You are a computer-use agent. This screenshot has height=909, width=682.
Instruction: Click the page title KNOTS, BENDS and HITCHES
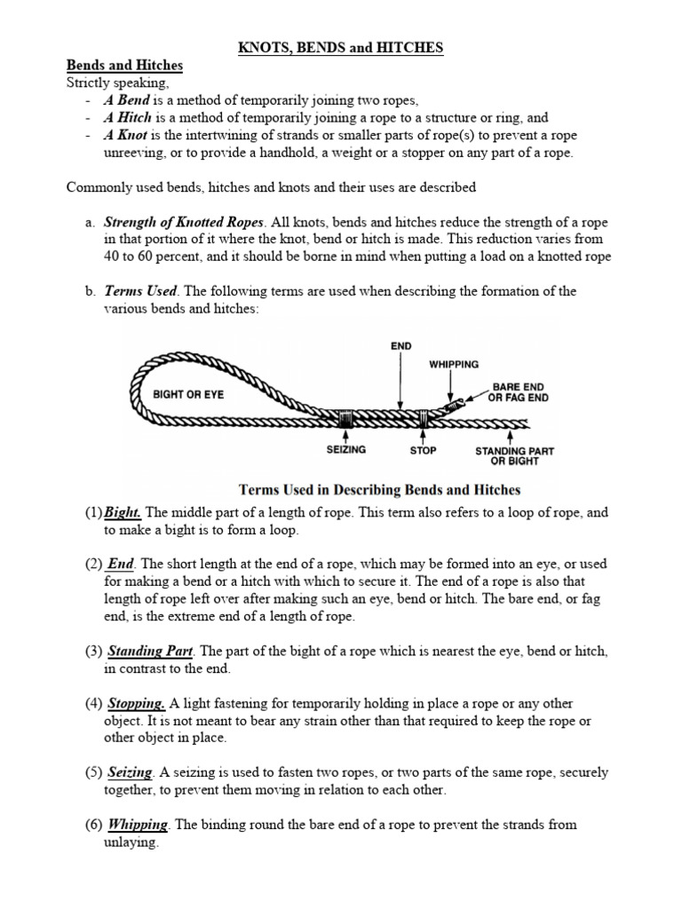[340, 48]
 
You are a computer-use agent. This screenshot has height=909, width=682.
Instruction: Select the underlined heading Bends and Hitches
[125, 66]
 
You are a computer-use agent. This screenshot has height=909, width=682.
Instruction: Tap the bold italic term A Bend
[127, 100]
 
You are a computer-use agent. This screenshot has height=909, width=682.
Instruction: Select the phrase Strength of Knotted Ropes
[185, 222]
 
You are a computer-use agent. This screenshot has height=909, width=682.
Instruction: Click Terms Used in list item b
[141, 291]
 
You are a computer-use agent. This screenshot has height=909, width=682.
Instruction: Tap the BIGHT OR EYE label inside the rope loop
[188, 394]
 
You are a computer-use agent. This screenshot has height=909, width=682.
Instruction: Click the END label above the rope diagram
[401, 345]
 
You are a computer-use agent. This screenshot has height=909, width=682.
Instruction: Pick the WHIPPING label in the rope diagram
[454, 364]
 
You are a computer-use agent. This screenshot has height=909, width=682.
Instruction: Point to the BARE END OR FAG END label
[519, 392]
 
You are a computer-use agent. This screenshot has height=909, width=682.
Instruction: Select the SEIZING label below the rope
[345, 450]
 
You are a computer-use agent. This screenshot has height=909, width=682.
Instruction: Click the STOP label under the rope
[423, 450]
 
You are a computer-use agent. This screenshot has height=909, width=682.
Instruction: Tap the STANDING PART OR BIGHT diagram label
[515, 456]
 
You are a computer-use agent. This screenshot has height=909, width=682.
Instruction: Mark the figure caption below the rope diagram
[380, 489]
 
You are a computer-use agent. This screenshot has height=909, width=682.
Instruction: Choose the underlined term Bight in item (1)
[124, 512]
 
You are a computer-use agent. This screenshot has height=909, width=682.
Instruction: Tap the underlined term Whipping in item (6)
[139, 824]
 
